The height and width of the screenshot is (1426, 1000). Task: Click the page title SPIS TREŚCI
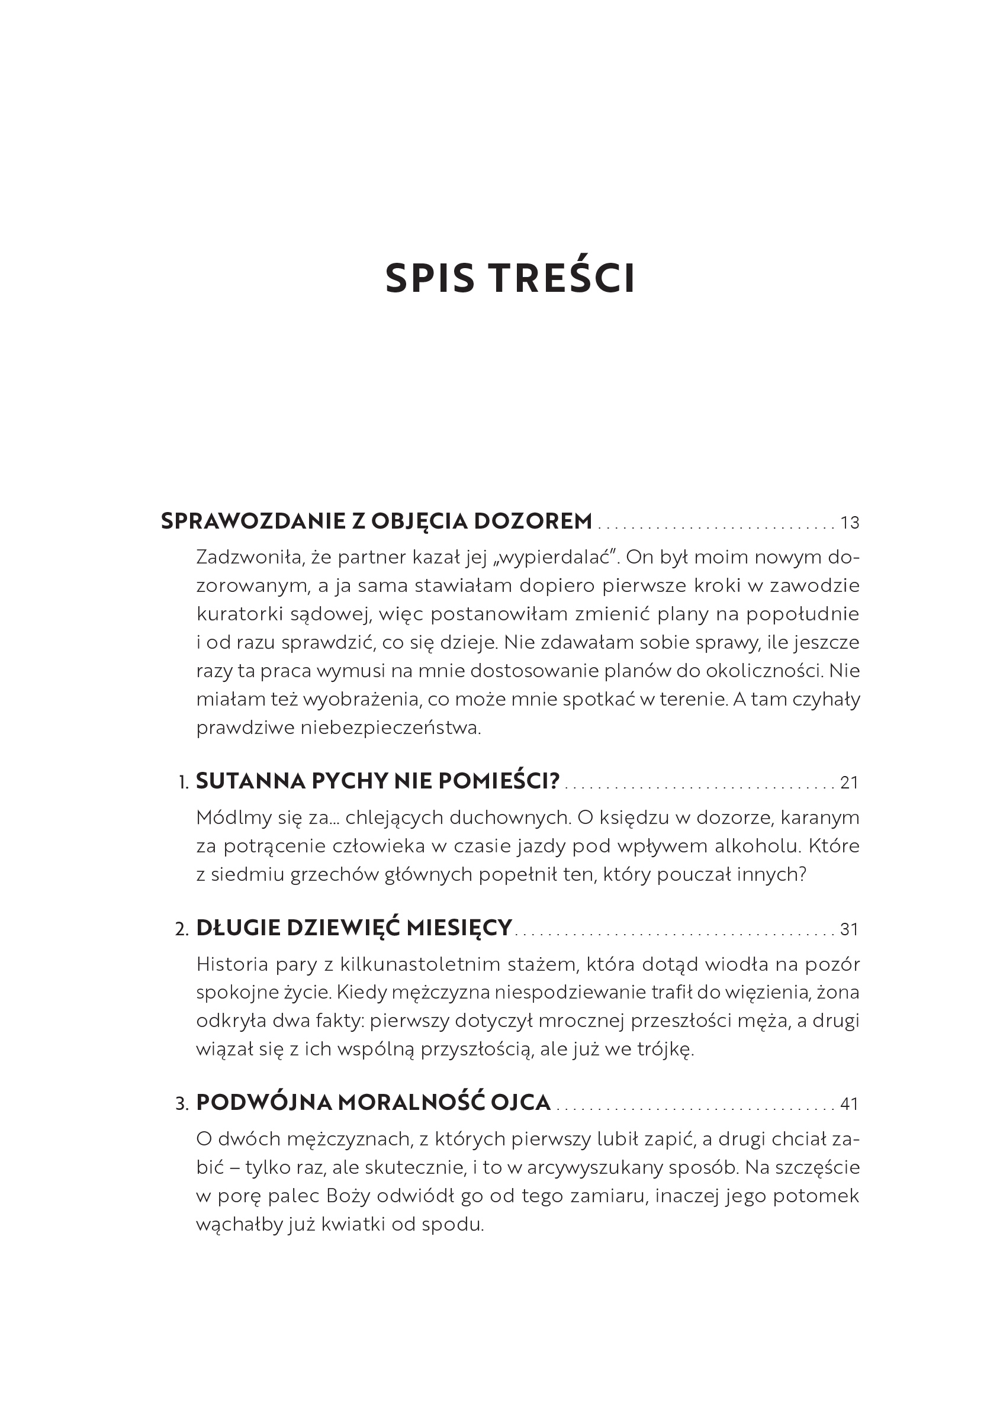(510, 279)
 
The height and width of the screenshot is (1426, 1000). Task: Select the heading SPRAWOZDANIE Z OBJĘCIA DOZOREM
(377, 521)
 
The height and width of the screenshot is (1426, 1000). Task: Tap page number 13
(849, 523)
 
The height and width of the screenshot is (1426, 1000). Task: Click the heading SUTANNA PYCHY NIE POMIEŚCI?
(378, 781)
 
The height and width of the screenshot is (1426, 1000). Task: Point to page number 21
(849, 783)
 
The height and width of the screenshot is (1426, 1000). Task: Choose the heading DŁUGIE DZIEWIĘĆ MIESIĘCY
(354, 928)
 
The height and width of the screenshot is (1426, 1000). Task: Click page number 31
(849, 930)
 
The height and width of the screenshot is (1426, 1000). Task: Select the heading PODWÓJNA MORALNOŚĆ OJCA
(373, 1102)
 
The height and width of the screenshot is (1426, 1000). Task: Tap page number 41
(849, 1105)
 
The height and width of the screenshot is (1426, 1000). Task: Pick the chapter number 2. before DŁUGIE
(182, 930)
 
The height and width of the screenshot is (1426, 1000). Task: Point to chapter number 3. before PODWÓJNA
(182, 1105)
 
